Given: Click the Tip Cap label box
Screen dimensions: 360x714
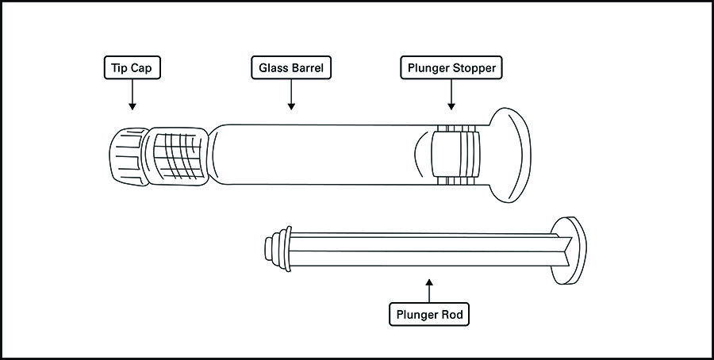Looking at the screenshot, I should click(x=132, y=68).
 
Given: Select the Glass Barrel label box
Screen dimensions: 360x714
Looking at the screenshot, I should click(x=291, y=68).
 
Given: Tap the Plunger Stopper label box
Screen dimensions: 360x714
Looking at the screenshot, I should click(x=451, y=68).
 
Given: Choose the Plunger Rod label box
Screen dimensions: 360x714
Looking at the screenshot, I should click(x=429, y=315).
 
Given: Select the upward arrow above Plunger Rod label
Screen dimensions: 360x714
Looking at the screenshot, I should click(x=429, y=289).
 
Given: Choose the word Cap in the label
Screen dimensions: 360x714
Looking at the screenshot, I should click(x=147, y=68).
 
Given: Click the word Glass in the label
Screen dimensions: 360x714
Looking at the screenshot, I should click(x=271, y=68).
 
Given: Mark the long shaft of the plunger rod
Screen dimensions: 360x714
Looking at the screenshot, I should click(x=420, y=247).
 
